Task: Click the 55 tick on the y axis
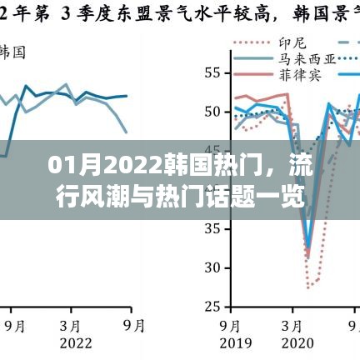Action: pos(212,72)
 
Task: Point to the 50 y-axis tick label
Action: pos(212,112)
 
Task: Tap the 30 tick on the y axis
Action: pos(212,267)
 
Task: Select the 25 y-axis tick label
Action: pos(212,307)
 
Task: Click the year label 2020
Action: pos(297,343)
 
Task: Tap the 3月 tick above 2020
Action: pos(297,325)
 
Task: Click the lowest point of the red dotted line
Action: pos(309,288)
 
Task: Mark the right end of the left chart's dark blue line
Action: pos(127,96)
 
